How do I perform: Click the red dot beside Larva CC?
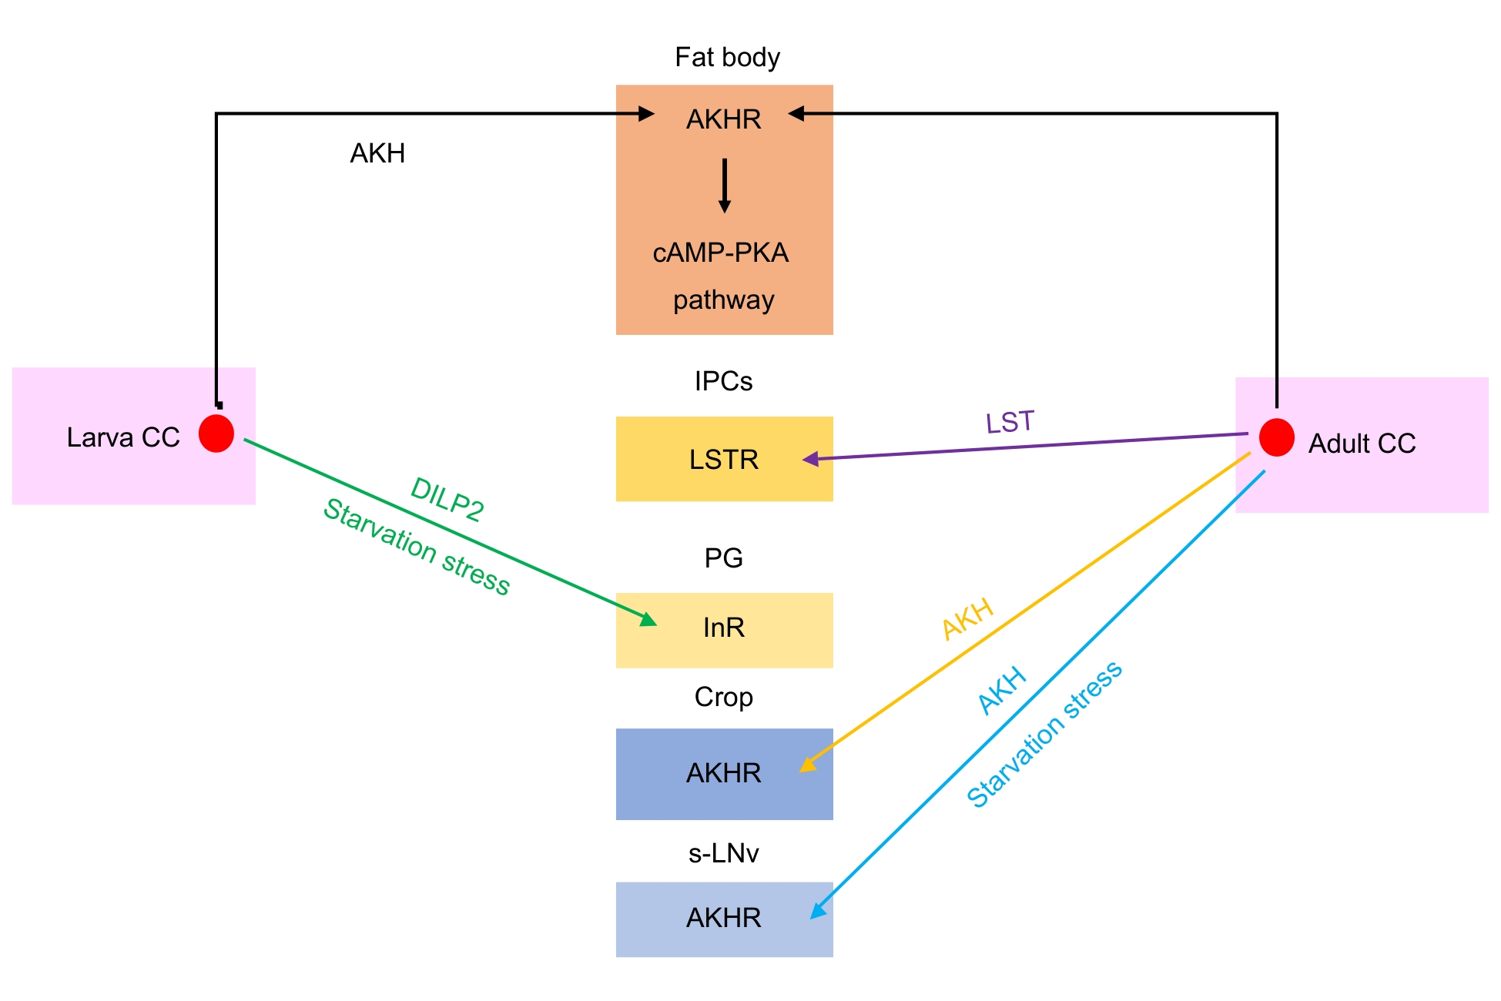point(216,434)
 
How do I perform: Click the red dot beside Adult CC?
point(1276,437)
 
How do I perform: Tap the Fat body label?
point(727,58)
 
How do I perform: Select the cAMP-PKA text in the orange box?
point(721,253)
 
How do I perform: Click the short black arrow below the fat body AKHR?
point(724,186)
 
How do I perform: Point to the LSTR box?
point(724,459)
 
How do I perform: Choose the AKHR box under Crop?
point(724,773)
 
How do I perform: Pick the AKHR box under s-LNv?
point(724,919)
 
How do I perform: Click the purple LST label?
point(1010,422)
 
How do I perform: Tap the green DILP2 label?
point(447,500)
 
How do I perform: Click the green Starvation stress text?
point(417,547)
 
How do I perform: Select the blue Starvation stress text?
point(1044,735)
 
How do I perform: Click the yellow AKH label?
point(968,620)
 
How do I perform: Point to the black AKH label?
point(377,154)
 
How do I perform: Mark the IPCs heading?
point(723,381)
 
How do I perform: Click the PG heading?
point(723,558)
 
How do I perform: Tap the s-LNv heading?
point(723,853)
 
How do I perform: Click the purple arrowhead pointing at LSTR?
point(810,459)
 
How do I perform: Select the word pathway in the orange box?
point(723,300)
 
